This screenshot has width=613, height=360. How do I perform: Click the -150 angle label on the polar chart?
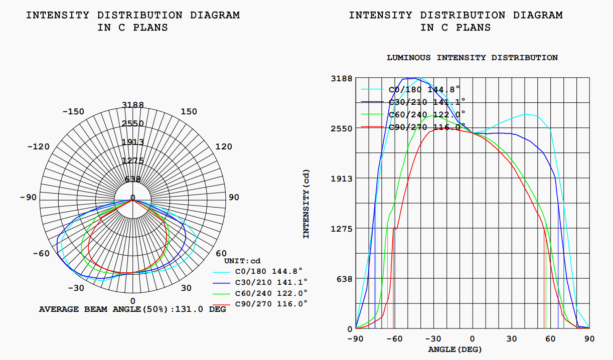coord(73,111)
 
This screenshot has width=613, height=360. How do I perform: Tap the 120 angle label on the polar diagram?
coord(224,146)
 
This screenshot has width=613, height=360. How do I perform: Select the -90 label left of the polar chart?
coord(28,197)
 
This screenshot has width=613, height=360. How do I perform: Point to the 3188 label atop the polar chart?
coord(133,105)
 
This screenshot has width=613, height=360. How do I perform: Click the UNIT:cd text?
coord(242,261)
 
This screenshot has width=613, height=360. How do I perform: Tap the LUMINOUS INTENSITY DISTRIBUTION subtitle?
coord(472,58)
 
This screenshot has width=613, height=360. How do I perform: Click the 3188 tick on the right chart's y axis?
coord(342,78)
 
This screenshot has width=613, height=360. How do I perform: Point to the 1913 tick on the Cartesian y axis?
coord(342,178)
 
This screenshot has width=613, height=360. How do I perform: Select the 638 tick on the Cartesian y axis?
coord(344,279)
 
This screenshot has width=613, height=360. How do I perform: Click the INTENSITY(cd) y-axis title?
coord(306,204)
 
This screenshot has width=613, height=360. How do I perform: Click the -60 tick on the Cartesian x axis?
coord(395,338)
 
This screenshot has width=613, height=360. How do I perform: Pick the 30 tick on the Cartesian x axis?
coord(511,338)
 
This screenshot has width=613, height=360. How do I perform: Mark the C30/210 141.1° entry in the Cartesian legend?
coord(427,102)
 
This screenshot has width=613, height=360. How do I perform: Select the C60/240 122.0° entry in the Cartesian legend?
coord(427,114)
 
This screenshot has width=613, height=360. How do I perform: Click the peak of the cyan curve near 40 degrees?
coord(526,114)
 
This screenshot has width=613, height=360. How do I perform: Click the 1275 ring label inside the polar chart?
coord(133,160)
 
